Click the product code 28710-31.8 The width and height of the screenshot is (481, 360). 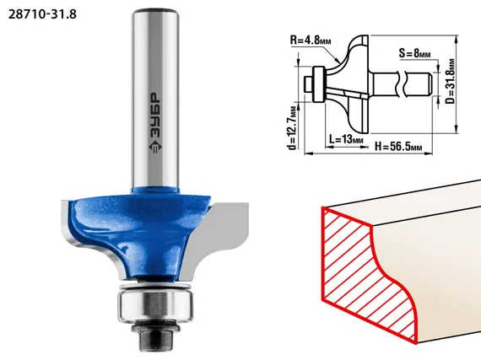coord(42,14)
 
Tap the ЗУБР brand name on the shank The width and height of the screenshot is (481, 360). coord(155,115)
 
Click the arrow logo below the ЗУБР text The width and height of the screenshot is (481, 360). coord(155,147)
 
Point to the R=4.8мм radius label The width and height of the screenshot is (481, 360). coord(311,40)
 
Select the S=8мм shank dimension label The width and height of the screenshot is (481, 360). coord(414,53)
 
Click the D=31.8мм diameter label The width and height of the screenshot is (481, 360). coord(451,81)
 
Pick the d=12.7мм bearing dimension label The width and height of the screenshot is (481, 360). coord(293,127)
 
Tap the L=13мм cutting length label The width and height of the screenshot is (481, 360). coord(346,139)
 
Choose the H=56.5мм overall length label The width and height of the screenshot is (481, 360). coord(398,147)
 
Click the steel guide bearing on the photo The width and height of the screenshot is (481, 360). coord(155,305)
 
